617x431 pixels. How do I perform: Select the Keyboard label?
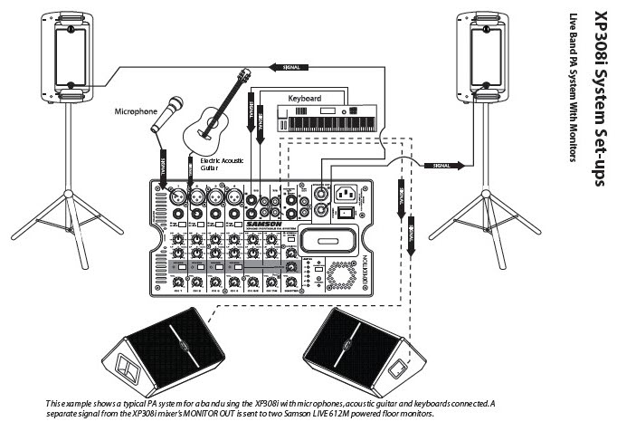tap(305, 97)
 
